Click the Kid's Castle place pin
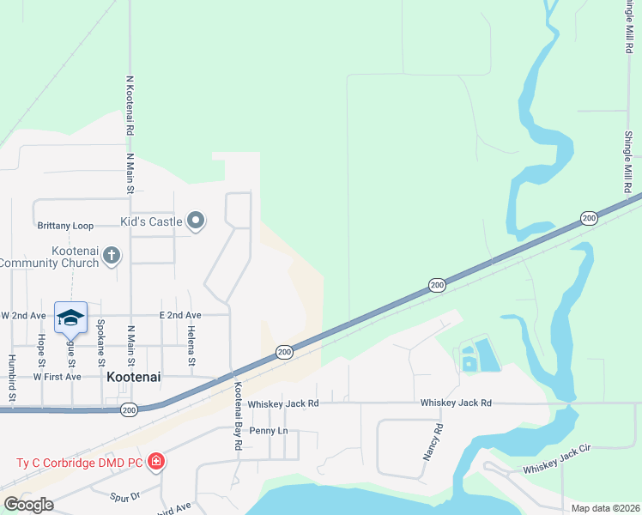tap(196, 221)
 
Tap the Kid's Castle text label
tap(151, 222)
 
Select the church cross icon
tap(112, 255)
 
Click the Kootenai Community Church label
tap(53, 256)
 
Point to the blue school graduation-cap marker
tap(70, 318)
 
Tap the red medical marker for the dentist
tap(156, 463)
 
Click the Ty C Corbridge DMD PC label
tap(80, 463)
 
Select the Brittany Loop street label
tap(65, 226)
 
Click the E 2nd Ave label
tap(179, 316)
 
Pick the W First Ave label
tap(57, 377)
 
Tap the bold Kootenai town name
tap(135, 376)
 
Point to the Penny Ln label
tap(269, 430)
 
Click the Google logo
tap(28, 505)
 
